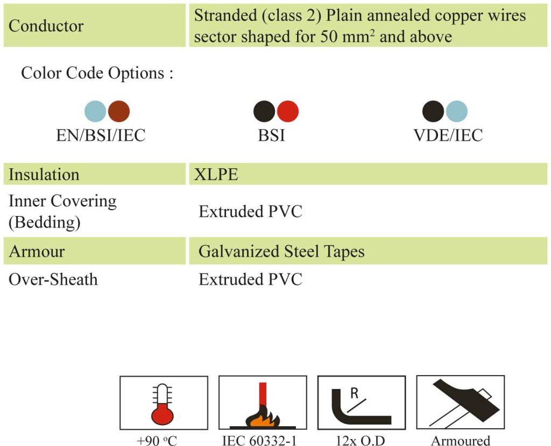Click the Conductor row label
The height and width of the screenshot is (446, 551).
click(x=46, y=26)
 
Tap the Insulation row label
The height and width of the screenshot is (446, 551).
click(x=44, y=175)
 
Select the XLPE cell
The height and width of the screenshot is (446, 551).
click(x=216, y=175)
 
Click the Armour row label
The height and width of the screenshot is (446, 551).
click(x=37, y=251)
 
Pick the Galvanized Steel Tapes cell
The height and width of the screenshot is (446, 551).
click(x=281, y=251)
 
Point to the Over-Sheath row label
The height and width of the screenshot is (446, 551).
click(x=53, y=279)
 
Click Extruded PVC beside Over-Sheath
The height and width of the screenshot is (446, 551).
click(x=251, y=279)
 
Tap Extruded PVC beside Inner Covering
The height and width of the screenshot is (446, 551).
click(x=251, y=212)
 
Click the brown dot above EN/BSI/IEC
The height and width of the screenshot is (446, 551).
click(x=119, y=111)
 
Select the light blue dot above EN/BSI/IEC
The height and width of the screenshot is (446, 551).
click(x=95, y=111)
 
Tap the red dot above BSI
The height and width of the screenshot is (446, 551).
click(x=288, y=111)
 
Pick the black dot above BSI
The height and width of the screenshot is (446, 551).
click(x=264, y=111)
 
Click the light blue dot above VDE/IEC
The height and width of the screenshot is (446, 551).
click(x=457, y=111)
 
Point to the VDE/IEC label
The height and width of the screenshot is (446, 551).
click(x=448, y=135)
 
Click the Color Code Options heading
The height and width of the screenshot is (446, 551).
click(x=97, y=73)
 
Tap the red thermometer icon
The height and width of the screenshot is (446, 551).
click(x=163, y=404)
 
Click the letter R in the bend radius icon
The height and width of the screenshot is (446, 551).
click(x=355, y=393)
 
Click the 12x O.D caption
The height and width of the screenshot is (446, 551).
click(x=361, y=441)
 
